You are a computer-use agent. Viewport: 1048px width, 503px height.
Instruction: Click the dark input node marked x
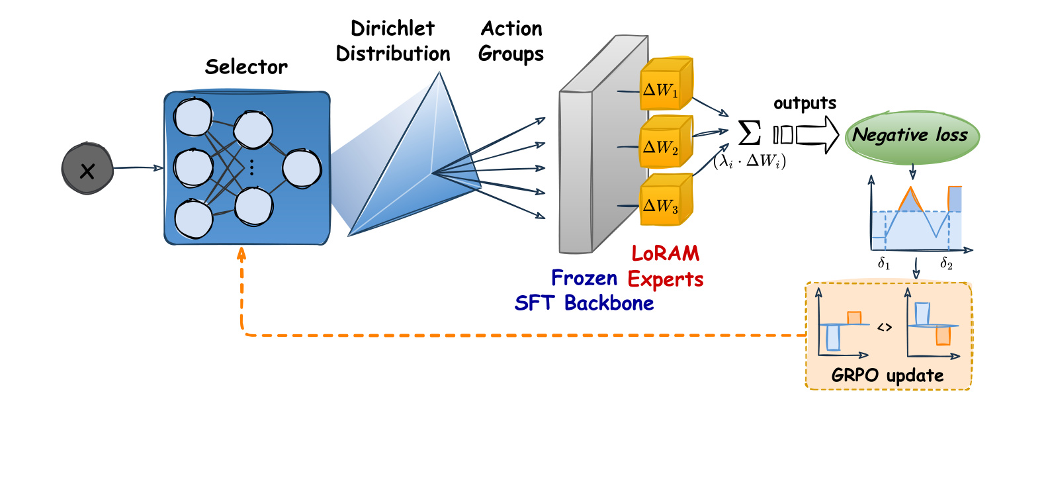pyautogui.click(x=87, y=169)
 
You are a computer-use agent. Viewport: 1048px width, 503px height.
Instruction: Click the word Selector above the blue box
pyautogui.click(x=246, y=68)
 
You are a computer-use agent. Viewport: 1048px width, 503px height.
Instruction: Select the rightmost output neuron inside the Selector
pyautogui.click(x=302, y=169)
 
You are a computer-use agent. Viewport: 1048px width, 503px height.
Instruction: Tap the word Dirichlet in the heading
pyautogui.click(x=392, y=28)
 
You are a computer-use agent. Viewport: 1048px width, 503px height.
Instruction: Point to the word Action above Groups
pyautogui.click(x=511, y=28)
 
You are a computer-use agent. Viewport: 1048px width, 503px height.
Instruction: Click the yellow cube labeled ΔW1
pyautogui.click(x=666, y=84)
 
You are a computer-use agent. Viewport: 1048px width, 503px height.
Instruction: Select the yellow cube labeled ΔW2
pyautogui.click(x=666, y=142)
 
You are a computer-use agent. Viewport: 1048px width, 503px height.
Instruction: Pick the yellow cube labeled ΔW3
pyautogui.click(x=666, y=200)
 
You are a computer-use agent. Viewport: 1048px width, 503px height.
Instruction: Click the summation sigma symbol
pyautogui.click(x=749, y=133)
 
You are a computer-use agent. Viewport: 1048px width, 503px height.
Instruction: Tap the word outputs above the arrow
pyautogui.click(x=805, y=103)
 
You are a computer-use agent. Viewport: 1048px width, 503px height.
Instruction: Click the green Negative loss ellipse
pyautogui.click(x=912, y=137)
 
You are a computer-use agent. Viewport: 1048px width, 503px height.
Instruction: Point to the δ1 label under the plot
pyautogui.click(x=884, y=263)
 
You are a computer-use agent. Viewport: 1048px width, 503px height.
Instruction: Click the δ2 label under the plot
pyautogui.click(x=946, y=263)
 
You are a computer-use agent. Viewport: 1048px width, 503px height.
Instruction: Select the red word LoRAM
pyautogui.click(x=666, y=253)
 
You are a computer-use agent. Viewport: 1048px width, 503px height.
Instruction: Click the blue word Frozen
pyautogui.click(x=584, y=279)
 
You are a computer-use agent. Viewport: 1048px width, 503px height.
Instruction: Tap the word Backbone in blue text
pyautogui.click(x=609, y=303)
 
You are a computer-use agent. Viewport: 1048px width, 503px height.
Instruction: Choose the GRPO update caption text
pyautogui.click(x=887, y=376)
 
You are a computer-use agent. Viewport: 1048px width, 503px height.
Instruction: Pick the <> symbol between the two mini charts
pyautogui.click(x=884, y=328)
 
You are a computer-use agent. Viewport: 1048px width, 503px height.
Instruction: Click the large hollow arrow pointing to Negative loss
pyautogui.click(x=817, y=135)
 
